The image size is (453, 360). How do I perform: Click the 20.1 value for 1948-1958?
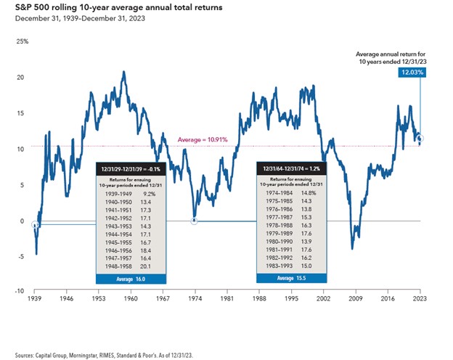pos(148,266)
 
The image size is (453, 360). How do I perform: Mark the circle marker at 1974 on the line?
pos(195,220)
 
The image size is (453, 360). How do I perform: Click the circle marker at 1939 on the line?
pos(35,225)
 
